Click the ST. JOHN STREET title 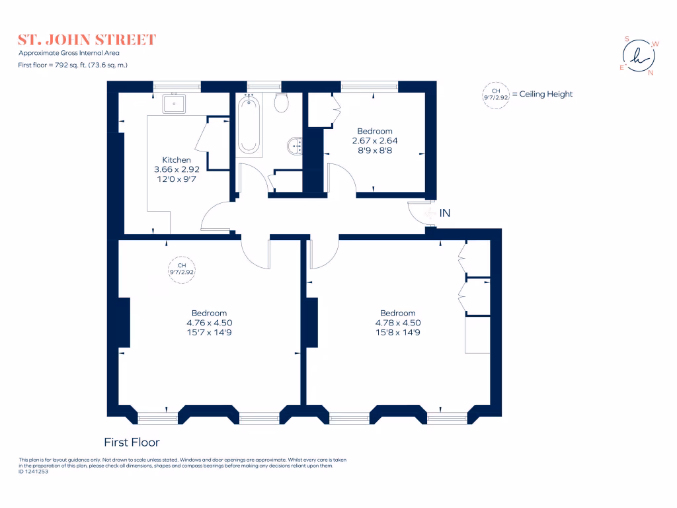click(87, 40)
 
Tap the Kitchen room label click(177, 160)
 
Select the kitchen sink click(175, 104)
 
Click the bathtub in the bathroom click(249, 124)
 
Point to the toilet click(281, 103)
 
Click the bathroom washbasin click(295, 145)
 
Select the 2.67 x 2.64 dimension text click(375, 141)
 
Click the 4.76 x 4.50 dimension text click(210, 323)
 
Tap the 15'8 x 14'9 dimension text click(398, 333)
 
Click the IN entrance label click(445, 213)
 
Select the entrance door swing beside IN click(419, 213)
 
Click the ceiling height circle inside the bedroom click(182, 268)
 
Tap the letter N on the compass click(651, 73)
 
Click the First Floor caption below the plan click(132, 442)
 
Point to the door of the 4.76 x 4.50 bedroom click(255, 251)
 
